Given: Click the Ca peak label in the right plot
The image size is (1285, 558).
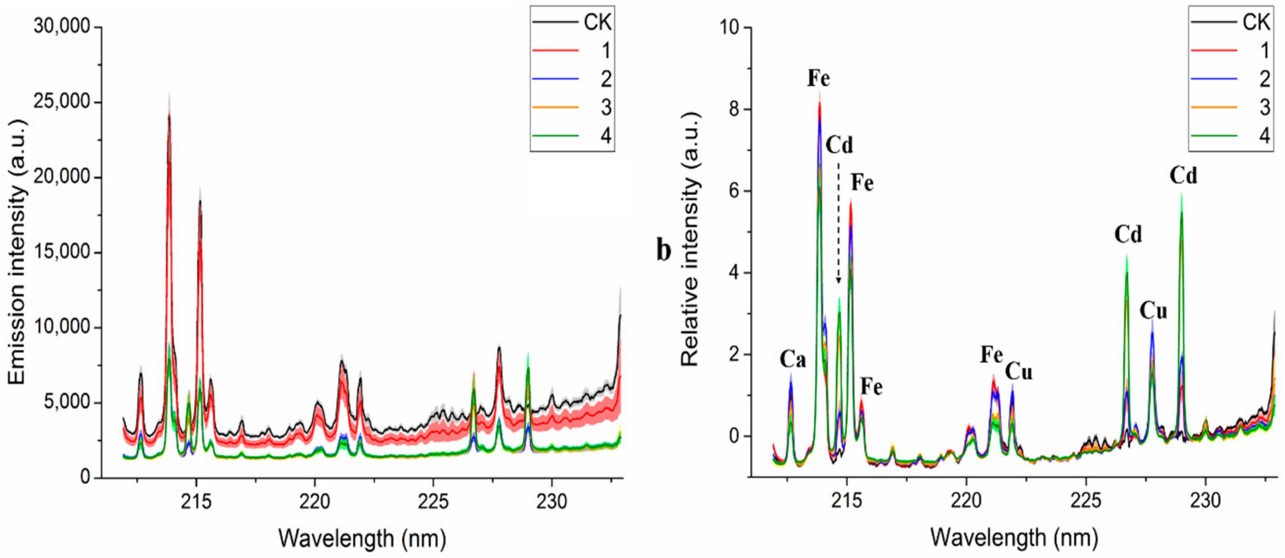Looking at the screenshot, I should [x=793, y=359].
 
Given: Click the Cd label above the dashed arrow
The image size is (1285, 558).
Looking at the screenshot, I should [x=839, y=145].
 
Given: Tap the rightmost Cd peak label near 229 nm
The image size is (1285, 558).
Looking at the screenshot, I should [x=1183, y=176].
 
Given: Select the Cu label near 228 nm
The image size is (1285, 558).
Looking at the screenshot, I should [x=1153, y=311].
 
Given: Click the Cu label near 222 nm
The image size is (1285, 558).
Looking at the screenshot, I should [x=1018, y=371].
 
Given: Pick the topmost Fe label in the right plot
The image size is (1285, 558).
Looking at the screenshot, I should [x=819, y=78].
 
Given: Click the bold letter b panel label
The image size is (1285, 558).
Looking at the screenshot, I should [x=663, y=251].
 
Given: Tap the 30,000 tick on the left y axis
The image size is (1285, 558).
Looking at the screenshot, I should [x=63, y=27].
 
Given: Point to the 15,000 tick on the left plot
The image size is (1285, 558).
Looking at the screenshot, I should [x=63, y=252].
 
